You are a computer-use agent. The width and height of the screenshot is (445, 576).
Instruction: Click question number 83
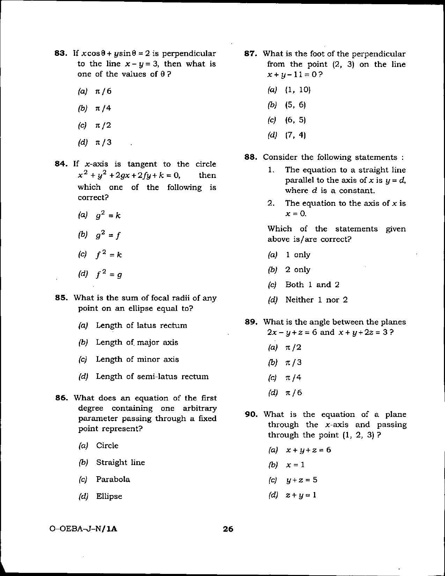(61, 53)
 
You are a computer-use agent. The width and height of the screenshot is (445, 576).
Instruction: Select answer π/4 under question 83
(103, 108)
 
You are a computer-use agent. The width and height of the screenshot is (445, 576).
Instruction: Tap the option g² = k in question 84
(108, 215)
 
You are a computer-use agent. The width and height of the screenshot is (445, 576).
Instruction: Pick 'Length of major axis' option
(137, 342)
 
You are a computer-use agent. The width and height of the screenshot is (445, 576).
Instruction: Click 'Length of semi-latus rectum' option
(152, 376)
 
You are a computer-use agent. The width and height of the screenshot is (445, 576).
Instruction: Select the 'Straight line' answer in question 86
(120, 462)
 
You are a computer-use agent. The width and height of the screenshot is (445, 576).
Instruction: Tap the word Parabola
(113, 479)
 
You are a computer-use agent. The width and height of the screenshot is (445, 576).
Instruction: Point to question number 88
(251, 157)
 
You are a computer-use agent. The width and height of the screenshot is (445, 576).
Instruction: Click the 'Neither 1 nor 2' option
(316, 300)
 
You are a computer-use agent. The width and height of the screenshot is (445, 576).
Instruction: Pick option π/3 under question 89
(293, 362)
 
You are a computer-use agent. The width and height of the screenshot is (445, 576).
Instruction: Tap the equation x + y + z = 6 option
(308, 450)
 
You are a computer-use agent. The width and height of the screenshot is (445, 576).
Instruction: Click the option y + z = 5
(301, 480)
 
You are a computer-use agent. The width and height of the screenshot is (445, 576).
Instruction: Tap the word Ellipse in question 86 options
(109, 496)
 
